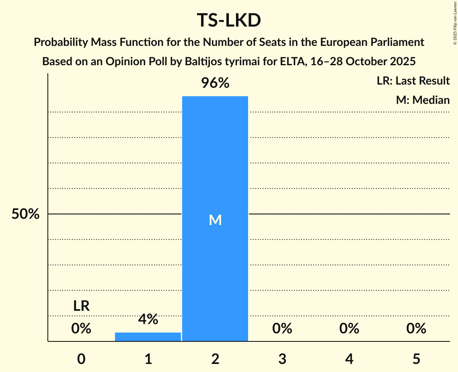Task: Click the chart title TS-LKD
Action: pos(229,20)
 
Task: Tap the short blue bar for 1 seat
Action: pos(148,337)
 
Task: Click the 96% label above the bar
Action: pos(215,83)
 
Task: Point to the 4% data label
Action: pos(148,319)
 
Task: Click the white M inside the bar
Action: pos(215,220)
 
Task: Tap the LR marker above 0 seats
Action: pos(81,306)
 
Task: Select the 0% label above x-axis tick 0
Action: pos(81,329)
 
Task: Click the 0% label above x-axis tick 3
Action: pos(282,329)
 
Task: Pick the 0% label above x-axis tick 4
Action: pos(349,329)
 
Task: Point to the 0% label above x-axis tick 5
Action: pos(416,329)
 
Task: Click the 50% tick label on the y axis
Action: pos(25,214)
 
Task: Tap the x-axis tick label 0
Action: pos(81,359)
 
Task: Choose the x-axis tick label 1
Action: pos(148,359)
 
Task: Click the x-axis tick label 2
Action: pos(215,359)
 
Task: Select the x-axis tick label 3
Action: pos(282,359)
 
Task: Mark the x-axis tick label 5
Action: pos(416,359)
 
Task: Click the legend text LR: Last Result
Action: pos(413,81)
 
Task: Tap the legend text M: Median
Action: pos(423,100)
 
